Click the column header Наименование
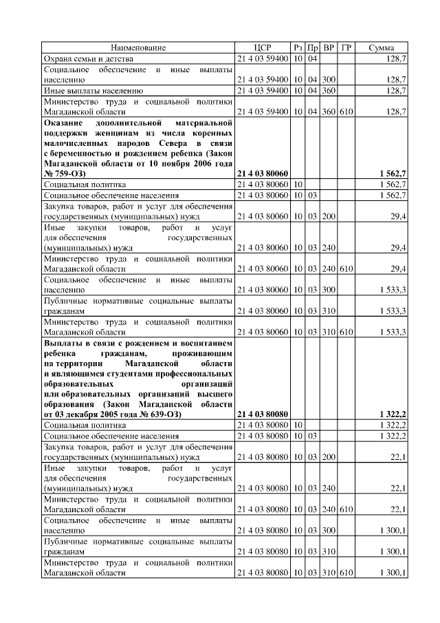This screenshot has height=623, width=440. pos(139,47)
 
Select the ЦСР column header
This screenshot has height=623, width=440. pos(263,47)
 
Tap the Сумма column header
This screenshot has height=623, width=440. pos(382,47)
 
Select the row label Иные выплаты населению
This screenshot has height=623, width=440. pos(93,90)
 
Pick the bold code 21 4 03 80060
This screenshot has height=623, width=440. pos(263,175)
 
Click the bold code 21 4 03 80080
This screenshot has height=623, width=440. pos(263,414)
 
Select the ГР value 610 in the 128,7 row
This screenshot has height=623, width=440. pos(346,111)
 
